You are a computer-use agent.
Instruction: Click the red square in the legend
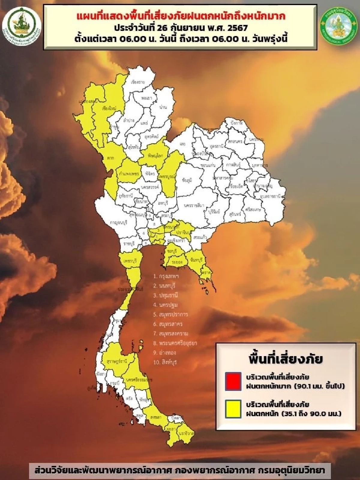pyautogui.click(x=233, y=381)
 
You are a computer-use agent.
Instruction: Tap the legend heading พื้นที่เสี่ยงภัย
pyautogui.click(x=286, y=359)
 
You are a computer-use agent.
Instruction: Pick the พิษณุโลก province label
pyautogui.click(x=155, y=156)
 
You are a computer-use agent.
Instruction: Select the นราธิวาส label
pyautogui.click(x=186, y=433)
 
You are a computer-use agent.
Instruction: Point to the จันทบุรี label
pyautogui.click(x=197, y=260)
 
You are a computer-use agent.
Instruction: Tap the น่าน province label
pyautogui.click(x=163, y=107)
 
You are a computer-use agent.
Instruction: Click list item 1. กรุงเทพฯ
pyautogui.click(x=166, y=276)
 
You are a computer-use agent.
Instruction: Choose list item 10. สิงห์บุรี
pyautogui.click(x=165, y=362)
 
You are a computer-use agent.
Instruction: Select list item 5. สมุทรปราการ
pyautogui.click(x=170, y=314)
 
